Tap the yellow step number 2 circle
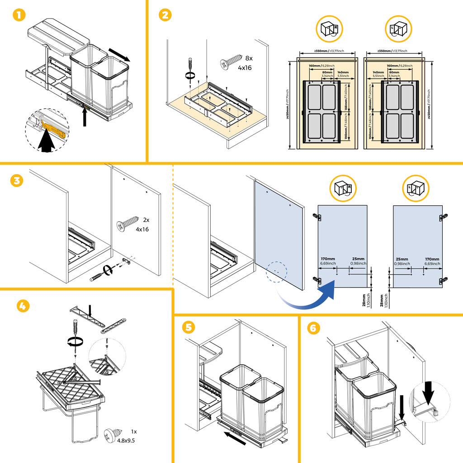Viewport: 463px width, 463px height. point(165,15)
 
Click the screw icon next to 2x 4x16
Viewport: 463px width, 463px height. point(128,223)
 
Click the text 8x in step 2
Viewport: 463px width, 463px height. point(249,58)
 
